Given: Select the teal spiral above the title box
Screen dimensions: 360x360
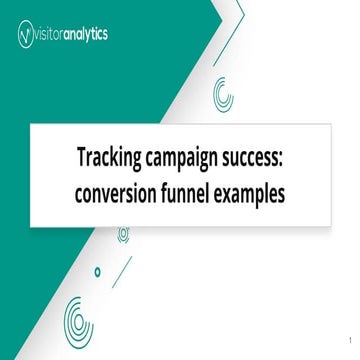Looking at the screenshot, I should (223, 95).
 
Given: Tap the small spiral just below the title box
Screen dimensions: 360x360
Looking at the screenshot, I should (123, 235).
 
